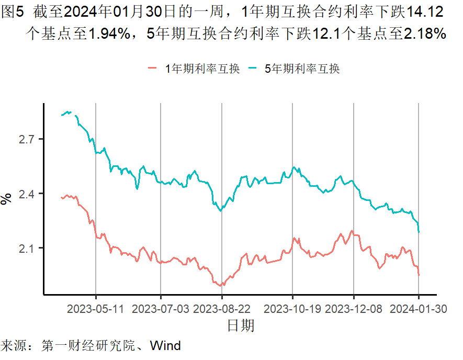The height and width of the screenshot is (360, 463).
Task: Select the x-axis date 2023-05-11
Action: (96, 309)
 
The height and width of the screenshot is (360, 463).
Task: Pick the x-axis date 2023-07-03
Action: (161, 309)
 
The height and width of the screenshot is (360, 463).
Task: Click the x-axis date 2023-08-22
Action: (222, 309)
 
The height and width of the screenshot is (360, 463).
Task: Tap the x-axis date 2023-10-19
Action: (292, 309)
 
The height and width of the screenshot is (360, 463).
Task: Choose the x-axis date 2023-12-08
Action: (354, 309)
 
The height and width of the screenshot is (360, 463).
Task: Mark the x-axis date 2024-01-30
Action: (418, 309)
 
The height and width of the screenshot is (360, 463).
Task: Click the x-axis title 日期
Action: (241, 326)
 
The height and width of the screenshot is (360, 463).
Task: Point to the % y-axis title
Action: (7, 199)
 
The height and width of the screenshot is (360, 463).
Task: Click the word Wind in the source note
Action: (165, 346)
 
